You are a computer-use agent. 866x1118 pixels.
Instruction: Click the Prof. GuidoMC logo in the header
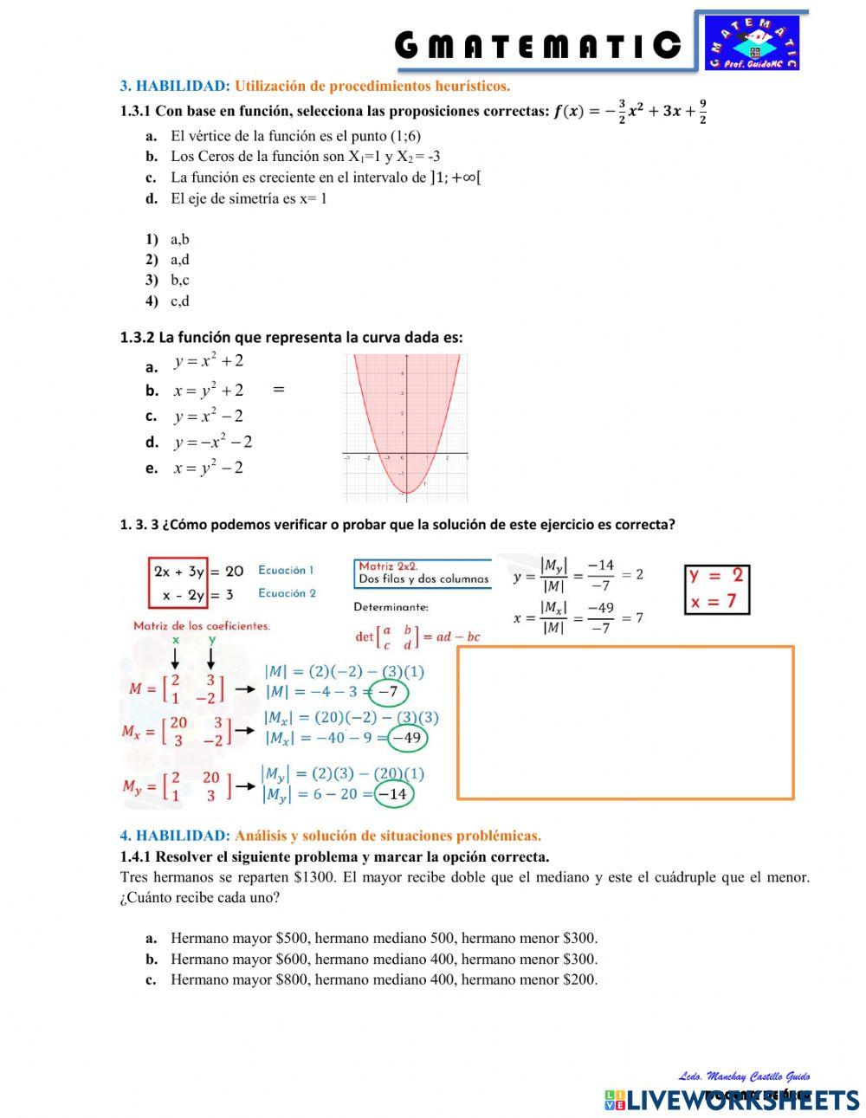click(752, 42)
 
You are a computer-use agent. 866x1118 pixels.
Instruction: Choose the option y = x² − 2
click(208, 416)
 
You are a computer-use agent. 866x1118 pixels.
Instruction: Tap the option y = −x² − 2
click(212, 442)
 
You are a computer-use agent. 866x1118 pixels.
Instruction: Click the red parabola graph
click(405, 428)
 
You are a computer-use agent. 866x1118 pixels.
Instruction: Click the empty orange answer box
click(625, 722)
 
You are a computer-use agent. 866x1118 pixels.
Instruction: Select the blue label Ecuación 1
click(286, 571)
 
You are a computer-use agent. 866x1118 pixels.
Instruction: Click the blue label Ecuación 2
click(287, 593)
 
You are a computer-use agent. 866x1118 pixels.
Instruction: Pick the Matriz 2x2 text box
click(423, 573)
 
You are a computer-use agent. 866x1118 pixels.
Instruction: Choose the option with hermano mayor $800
click(384, 979)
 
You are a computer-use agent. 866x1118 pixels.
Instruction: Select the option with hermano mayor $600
click(384, 959)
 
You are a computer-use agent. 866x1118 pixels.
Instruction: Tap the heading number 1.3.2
click(137, 338)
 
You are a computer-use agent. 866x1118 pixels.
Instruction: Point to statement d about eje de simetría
click(249, 198)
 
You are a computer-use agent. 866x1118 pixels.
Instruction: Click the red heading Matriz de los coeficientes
click(202, 625)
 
